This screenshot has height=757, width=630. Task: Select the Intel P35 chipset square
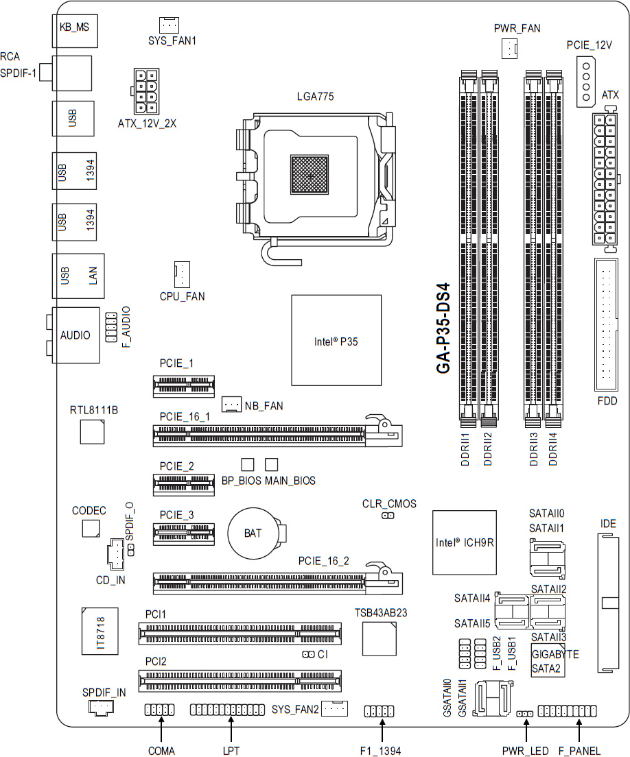(336, 340)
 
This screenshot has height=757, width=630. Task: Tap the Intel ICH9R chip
(465, 542)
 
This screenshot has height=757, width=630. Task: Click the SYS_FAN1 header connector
(169, 25)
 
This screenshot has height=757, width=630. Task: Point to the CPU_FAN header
(182, 275)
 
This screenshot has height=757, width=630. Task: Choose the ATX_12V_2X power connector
(146, 91)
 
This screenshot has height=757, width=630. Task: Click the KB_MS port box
(75, 31)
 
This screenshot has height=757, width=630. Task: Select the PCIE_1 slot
(184, 386)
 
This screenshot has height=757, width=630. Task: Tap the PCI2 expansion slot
(240, 681)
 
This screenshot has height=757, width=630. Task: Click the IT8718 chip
(100, 631)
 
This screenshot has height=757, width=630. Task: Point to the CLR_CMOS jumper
(388, 516)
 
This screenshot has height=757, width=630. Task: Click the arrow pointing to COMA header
(161, 728)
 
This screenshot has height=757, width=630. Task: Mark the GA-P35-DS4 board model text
(443, 328)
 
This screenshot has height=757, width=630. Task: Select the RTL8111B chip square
(92, 431)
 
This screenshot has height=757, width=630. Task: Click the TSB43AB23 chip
(380, 639)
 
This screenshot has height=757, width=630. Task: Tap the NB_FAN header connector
(231, 404)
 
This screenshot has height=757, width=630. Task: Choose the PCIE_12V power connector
(586, 82)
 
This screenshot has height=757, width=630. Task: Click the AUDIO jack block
(76, 335)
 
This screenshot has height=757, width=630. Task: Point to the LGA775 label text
(315, 97)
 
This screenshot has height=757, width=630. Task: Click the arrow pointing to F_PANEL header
(579, 730)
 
